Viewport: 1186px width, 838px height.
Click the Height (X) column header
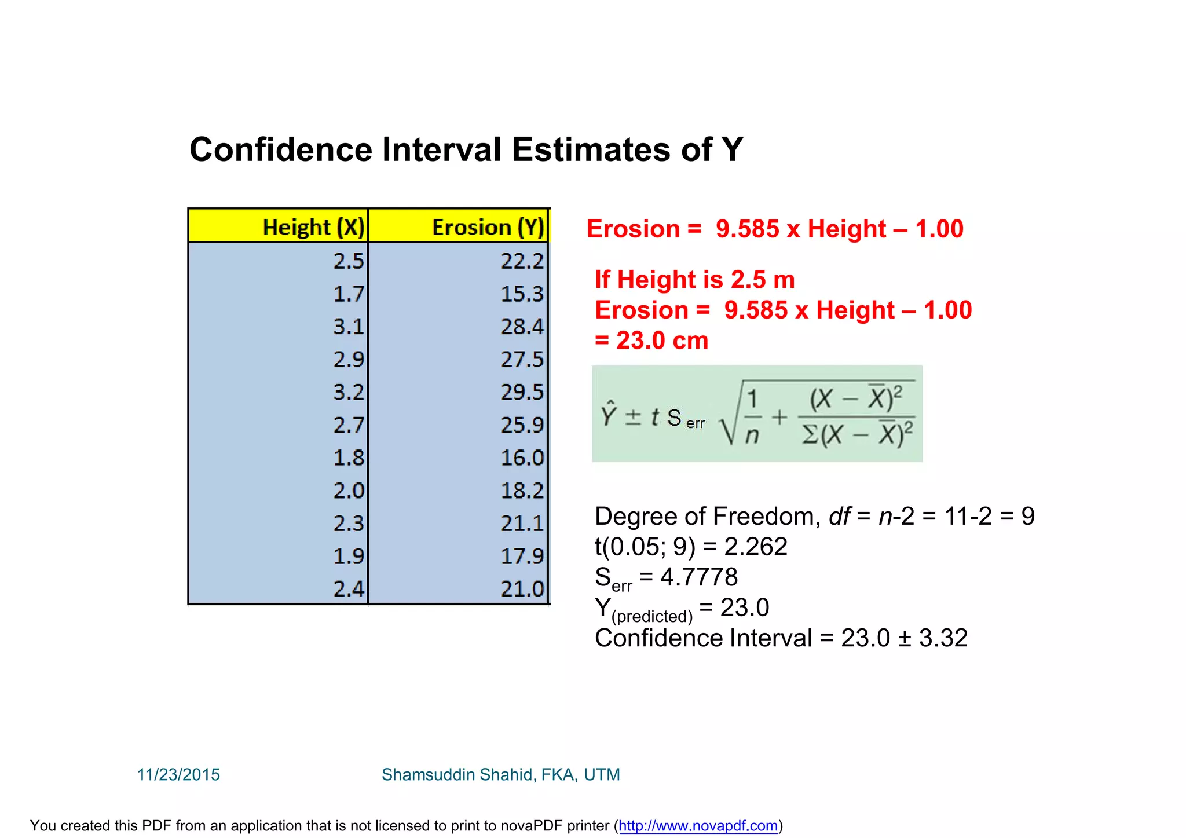tap(313, 227)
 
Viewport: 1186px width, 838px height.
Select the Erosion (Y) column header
tap(488, 227)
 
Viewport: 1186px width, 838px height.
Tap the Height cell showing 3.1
tap(349, 327)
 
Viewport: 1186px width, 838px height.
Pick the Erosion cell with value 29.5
tap(522, 392)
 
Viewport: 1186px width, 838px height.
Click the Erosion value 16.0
tap(522, 458)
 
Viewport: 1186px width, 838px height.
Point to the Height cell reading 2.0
tap(349, 491)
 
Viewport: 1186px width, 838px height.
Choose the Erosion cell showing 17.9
tap(522, 557)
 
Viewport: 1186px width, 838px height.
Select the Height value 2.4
tap(349, 589)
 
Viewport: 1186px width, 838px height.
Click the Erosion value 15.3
tap(522, 294)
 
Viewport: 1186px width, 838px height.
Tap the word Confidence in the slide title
tap(281, 149)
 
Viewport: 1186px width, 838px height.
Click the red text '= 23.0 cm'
tap(651, 341)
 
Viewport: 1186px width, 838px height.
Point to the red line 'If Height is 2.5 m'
tap(694, 280)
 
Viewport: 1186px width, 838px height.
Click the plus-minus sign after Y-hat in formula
tap(633, 417)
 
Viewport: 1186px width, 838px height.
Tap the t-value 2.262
tap(756, 547)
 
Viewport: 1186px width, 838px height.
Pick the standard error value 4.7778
tap(699, 577)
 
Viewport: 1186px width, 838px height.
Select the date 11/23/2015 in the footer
tap(178, 774)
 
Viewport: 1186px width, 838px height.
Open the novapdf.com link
tap(698, 826)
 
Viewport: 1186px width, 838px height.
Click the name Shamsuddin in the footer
tap(429, 774)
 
